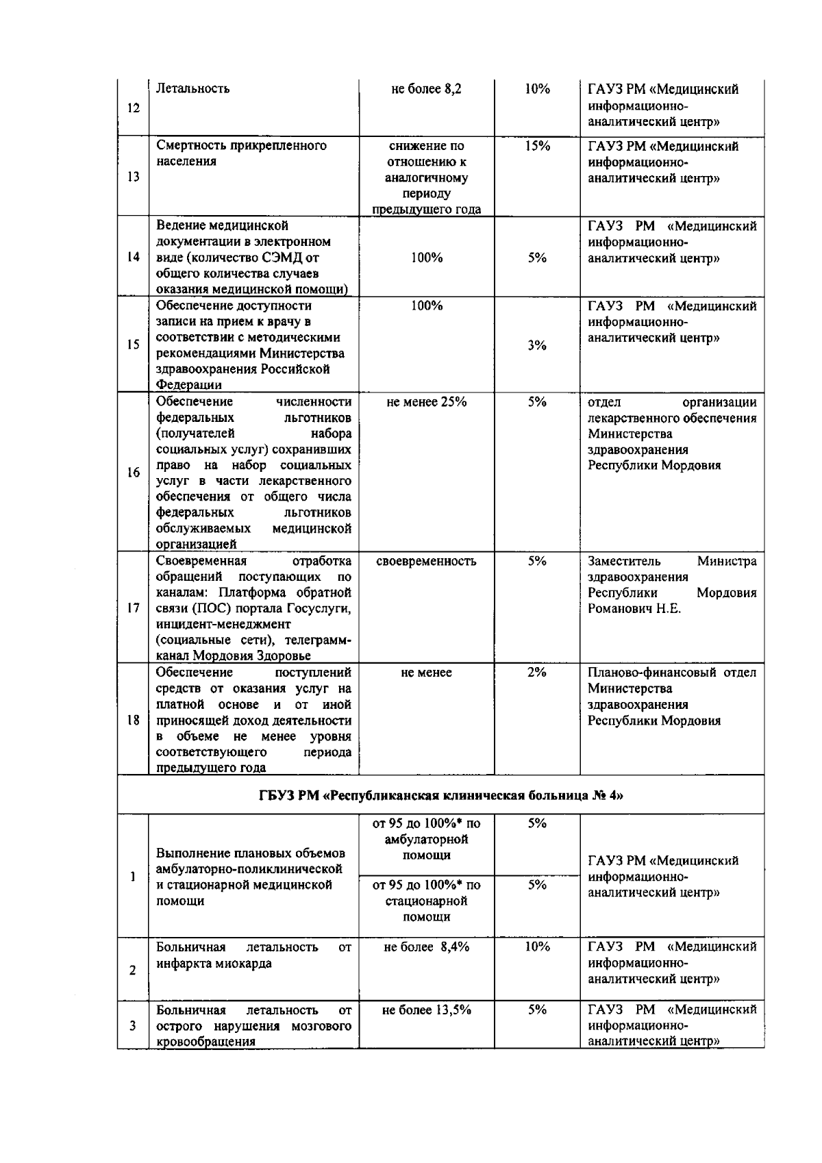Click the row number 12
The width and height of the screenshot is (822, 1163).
point(134,108)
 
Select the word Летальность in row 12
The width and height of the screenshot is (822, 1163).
point(193,88)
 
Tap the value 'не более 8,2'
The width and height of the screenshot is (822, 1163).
point(426,89)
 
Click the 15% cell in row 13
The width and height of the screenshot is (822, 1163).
point(537,146)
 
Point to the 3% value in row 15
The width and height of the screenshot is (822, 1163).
point(537,345)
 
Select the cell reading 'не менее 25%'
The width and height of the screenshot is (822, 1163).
point(426,402)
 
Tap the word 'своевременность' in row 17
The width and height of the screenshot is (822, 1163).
point(426,561)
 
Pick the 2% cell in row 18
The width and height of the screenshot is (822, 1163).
point(537,673)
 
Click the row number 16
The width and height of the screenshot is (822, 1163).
point(134,473)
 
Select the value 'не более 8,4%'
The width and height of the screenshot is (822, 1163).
point(426,947)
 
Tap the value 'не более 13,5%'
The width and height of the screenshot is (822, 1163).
point(426,1010)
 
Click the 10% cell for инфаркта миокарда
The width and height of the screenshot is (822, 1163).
point(537,947)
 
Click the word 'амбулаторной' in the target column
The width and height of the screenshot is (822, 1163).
point(426,839)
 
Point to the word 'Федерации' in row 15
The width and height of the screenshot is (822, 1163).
point(189,386)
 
